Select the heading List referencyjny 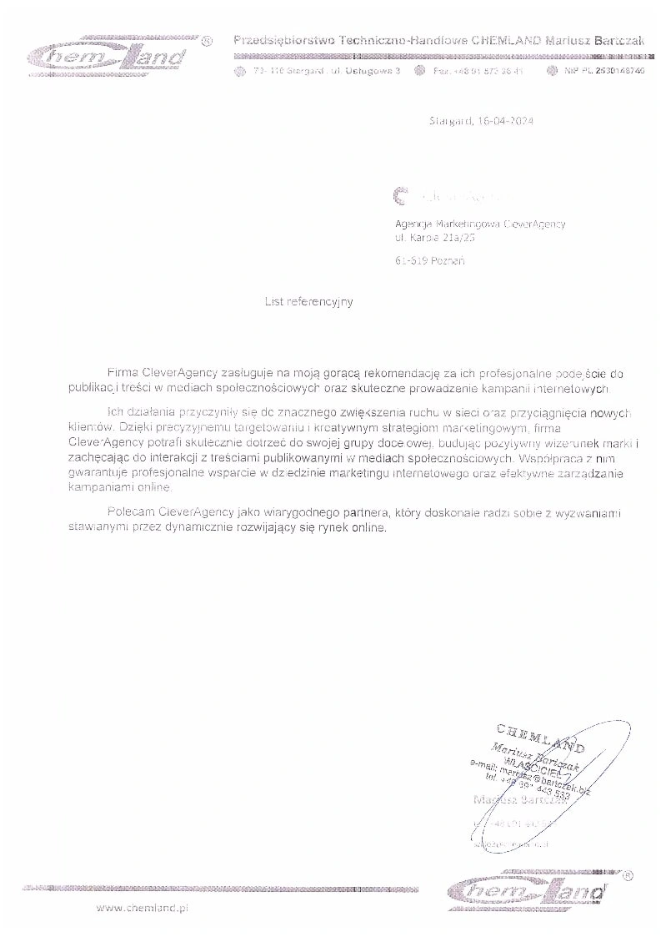308,302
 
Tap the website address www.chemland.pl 143,908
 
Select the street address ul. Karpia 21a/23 434,237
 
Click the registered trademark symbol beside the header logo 208,40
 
